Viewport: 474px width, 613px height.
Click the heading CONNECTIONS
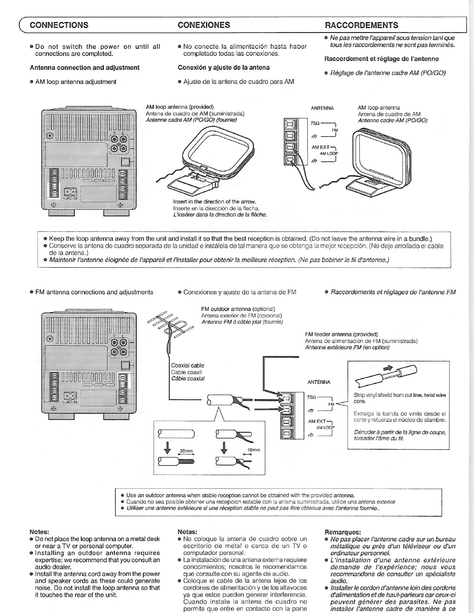point(59,25)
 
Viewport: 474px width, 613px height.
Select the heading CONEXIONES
point(204,25)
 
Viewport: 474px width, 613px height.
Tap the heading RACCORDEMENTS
point(361,26)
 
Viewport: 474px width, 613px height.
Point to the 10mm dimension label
point(253,450)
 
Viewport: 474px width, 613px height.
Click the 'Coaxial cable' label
point(187,365)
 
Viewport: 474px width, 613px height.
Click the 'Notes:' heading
point(39,532)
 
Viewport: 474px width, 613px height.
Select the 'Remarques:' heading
point(343,532)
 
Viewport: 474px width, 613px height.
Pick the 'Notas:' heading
point(187,532)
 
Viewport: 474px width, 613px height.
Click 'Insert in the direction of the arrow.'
point(214,202)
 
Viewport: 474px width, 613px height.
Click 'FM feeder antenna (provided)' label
point(341,334)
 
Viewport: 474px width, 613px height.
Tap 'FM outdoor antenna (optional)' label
point(238,309)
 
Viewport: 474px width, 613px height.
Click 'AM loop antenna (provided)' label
point(180,107)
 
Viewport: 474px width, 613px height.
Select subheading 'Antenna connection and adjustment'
point(84,67)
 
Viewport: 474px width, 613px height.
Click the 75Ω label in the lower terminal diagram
point(311,397)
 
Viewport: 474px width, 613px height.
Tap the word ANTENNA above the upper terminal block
point(322,108)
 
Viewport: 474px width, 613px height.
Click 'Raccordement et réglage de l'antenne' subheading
point(381,59)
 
